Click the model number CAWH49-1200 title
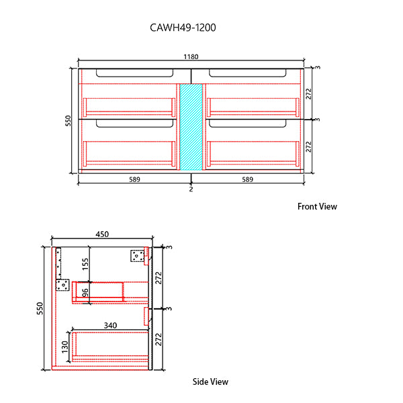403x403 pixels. point(182,28)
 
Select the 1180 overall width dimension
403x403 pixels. point(191,58)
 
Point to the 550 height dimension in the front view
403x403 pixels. point(67,120)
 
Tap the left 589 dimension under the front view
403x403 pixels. point(135,179)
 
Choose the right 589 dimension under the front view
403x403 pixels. point(248,179)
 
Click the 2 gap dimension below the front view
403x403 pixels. point(191,189)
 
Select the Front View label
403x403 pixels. point(317,207)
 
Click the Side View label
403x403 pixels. point(210,382)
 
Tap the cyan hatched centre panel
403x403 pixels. point(191,126)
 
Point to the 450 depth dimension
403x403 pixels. point(101,234)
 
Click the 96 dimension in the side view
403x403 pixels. point(85,293)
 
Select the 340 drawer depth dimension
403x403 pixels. point(110,326)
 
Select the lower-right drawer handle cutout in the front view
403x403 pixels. point(248,124)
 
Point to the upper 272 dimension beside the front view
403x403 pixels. point(309,93)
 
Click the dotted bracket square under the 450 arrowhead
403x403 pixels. point(137,256)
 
